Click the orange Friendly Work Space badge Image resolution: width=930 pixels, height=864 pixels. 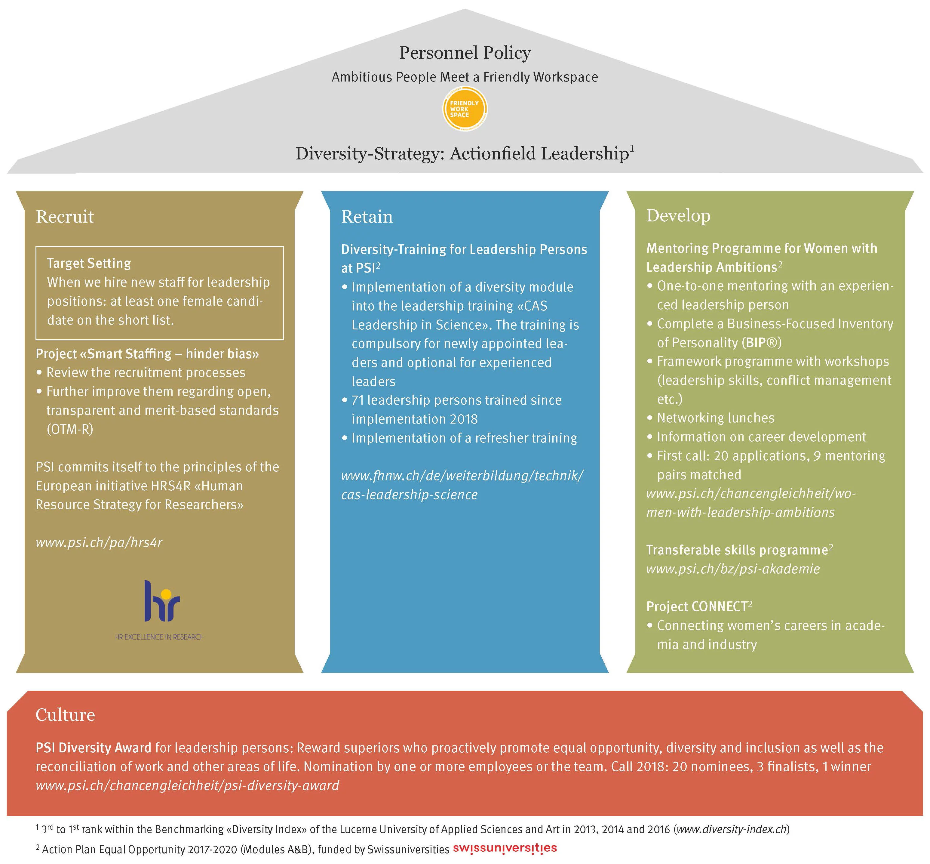[x=465, y=109]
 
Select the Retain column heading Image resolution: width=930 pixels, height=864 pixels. [x=367, y=217]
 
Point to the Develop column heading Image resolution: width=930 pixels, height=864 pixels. [x=678, y=215]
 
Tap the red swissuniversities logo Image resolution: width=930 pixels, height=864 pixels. [x=505, y=848]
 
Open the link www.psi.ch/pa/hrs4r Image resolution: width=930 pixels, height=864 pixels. [x=99, y=542]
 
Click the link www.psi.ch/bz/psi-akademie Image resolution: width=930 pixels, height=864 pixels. [x=733, y=569]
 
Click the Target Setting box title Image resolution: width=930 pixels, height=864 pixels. [x=89, y=263]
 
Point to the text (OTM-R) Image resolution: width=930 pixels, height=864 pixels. [x=70, y=429]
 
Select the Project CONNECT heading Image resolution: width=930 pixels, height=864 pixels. [x=696, y=607]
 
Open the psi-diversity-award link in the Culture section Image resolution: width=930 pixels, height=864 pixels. [x=187, y=785]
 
